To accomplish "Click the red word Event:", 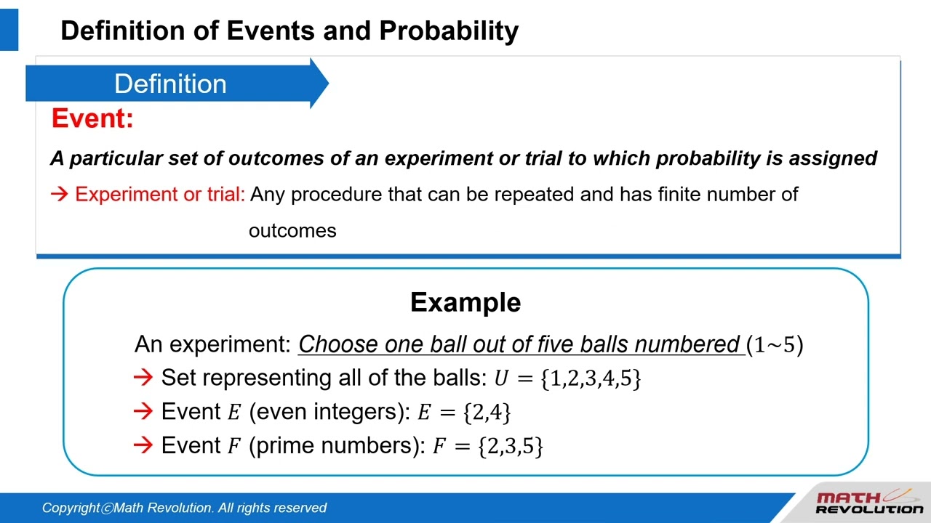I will [x=92, y=118].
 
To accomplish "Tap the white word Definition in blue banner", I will [x=170, y=84].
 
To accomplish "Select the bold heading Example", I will [x=465, y=302].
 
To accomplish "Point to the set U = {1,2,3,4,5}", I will [x=567, y=378].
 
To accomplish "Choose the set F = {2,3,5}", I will [x=488, y=446].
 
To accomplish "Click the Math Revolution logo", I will [x=868, y=503].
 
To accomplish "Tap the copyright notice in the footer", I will [x=184, y=508].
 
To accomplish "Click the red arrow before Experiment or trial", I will [x=60, y=194].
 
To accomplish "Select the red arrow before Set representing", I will [x=143, y=378].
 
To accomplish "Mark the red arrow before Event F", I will [x=143, y=445].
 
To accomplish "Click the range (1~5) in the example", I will [x=775, y=345].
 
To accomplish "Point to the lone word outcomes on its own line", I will [x=292, y=231].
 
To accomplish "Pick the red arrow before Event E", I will [x=143, y=412].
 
